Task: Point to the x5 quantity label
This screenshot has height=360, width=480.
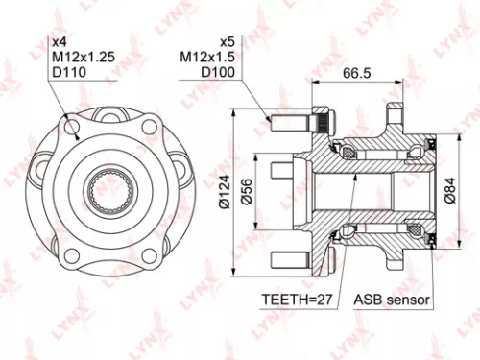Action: [227, 41]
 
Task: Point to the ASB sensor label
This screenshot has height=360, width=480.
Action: [392, 299]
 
